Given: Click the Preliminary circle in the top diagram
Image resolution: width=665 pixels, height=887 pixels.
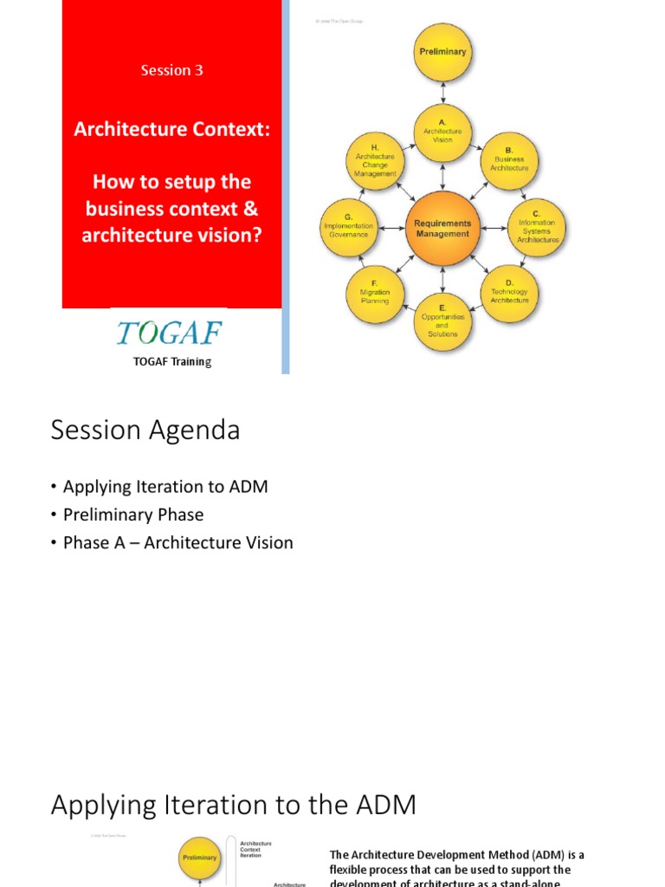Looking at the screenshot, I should click(442, 52).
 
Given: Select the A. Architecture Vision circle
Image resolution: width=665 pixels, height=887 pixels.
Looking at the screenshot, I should click(442, 133).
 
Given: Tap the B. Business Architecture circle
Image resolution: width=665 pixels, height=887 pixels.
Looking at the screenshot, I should click(510, 161).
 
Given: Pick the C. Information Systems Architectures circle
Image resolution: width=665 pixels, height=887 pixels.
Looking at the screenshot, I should click(537, 228).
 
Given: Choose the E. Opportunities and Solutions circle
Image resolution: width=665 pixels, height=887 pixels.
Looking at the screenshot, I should click(442, 322).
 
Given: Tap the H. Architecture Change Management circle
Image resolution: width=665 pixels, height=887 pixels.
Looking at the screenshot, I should click(375, 161).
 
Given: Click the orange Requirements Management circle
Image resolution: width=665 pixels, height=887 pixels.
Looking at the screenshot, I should click(442, 228).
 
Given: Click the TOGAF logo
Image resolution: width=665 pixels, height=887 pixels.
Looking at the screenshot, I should click(169, 333).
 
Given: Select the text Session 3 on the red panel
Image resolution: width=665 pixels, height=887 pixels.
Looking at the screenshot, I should click(172, 70).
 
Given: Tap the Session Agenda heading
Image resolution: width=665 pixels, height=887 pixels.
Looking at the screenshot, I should click(145, 431).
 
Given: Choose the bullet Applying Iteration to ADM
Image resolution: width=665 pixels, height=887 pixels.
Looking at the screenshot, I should click(165, 487).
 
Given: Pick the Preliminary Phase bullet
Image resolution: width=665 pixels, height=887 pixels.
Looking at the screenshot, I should click(133, 515).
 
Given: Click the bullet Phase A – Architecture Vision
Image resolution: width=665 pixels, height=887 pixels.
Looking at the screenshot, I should click(178, 542).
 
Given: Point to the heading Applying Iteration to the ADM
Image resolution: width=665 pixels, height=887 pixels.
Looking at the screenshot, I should click(234, 806).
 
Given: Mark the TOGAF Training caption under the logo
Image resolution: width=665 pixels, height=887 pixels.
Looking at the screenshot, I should click(172, 362).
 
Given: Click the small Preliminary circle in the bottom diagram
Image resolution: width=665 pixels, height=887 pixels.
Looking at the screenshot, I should click(199, 858).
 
